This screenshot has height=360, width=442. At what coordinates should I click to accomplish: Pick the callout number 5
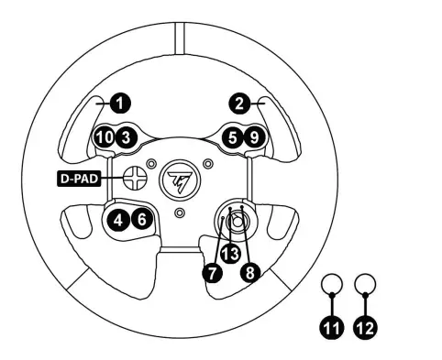coord(234,137)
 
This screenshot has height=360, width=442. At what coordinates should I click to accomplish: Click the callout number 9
coord(255,137)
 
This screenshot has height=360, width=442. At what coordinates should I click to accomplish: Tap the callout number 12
coord(364,324)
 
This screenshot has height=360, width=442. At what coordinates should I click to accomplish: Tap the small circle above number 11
coord(330,284)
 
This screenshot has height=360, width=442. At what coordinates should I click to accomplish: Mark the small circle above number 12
coord(364,284)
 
